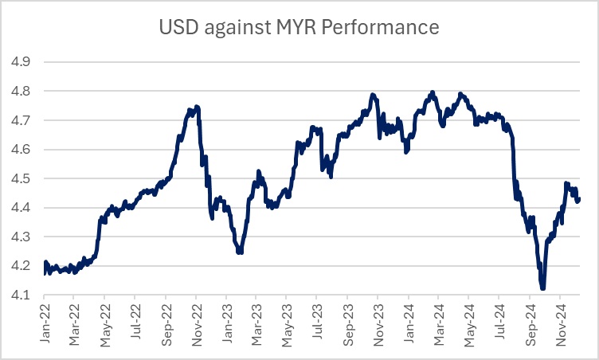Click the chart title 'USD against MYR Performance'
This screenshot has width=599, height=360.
299,28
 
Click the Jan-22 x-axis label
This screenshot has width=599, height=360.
45,328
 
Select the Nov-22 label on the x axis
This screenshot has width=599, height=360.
198,328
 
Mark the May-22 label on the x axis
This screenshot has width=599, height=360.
106,328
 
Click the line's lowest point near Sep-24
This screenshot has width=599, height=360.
543,288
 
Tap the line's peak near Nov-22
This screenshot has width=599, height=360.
196,107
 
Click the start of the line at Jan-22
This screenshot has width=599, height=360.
45,272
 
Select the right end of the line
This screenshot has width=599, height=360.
579,199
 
